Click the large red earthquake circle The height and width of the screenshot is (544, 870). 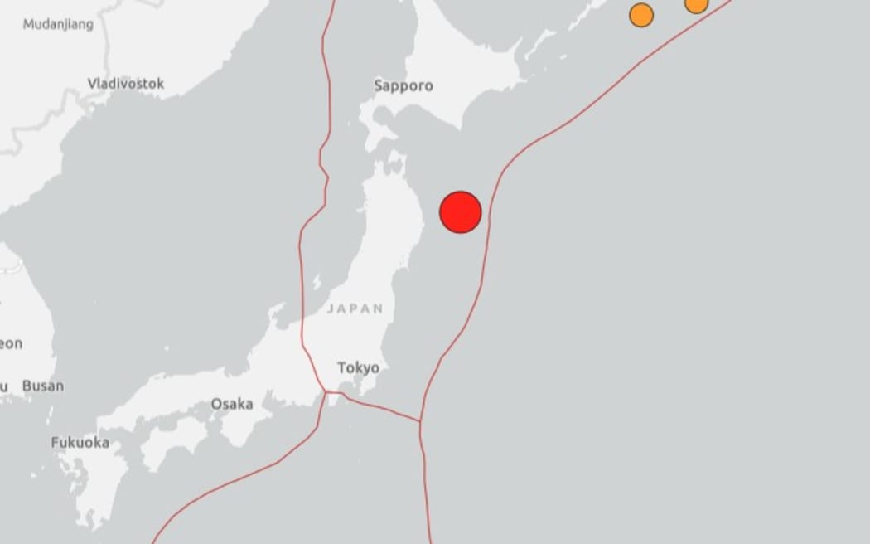[x=461, y=212]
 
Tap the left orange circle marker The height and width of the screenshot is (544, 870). [x=641, y=15]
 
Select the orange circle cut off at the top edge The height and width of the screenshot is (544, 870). [x=697, y=4]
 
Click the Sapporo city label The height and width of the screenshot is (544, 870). [x=404, y=85]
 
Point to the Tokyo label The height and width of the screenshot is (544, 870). [x=358, y=367]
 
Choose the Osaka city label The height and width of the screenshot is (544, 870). [x=232, y=404]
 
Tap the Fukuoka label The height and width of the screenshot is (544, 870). [x=80, y=443]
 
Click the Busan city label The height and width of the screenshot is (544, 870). [x=42, y=386]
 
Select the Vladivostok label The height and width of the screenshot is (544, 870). [x=126, y=84]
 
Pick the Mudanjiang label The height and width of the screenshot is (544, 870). [x=58, y=24]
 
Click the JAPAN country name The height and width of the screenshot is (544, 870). [x=355, y=308]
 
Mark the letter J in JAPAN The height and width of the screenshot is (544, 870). [x=331, y=308]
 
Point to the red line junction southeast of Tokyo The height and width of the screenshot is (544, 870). [x=420, y=420]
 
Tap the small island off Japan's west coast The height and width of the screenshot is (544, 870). [x=317, y=283]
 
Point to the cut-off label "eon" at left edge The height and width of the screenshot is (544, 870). [x=11, y=343]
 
